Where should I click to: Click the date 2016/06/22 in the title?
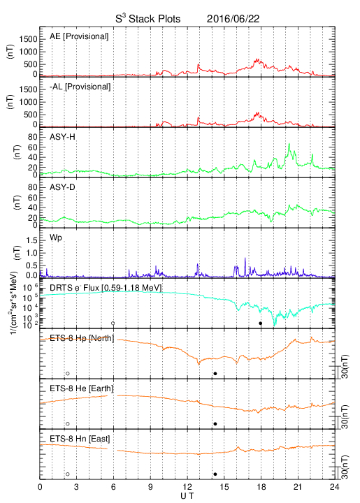click(233, 19)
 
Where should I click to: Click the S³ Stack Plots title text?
click(148, 19)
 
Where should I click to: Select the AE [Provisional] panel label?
click(79, 36)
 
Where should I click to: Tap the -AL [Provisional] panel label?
click(80, 87)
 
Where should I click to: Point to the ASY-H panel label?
click(62, 137)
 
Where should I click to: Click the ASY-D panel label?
click(62, 187)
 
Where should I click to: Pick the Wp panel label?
click(55, 238)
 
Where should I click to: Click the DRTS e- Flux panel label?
click(106, 288)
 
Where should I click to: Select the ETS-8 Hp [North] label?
click(82, 338)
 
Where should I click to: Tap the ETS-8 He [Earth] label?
click(82, 388)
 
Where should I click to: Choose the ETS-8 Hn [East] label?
click(80, 439)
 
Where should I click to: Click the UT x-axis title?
click(187, 496)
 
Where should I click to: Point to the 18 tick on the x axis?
click(261, 487)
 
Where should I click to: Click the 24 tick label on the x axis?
click(335, 487)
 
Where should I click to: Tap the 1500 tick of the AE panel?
click(28, 39)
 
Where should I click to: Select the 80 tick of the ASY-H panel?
click(33, 137)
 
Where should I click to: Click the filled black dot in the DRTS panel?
click(261, 323)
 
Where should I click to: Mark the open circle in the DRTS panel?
click(113, 323)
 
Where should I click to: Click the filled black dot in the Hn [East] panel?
click(215, 474)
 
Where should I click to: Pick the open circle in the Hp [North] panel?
click(68, 373)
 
